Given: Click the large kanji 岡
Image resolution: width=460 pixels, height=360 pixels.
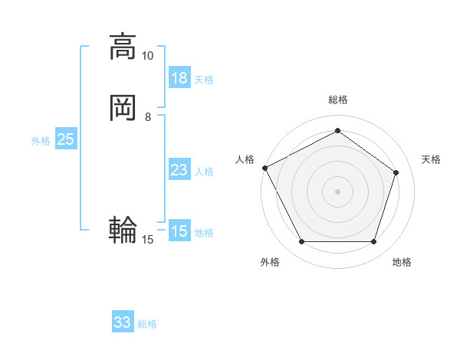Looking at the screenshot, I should tap(123, 108).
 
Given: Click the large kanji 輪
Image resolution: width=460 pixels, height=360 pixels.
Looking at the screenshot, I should tap(123, 230).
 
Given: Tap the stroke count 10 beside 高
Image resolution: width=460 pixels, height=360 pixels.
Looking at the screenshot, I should tap(147, 56).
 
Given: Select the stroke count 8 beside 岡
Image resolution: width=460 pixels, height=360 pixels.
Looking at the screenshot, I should tap(148, 117).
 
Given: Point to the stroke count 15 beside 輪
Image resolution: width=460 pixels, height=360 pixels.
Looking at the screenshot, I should tap(148, 240).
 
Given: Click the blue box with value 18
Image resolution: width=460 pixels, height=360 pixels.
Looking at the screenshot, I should tap(179, 78).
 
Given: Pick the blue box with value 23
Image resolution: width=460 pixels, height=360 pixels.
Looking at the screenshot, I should tap(179, 170).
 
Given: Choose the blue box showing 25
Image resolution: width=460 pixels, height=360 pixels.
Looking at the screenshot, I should tap(66, 139).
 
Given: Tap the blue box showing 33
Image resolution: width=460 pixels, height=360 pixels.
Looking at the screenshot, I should tap(123, 322).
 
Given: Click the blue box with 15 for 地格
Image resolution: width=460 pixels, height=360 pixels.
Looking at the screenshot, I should tap(179, 231).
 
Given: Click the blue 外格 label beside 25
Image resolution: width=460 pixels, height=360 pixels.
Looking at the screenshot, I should tap(41, 141).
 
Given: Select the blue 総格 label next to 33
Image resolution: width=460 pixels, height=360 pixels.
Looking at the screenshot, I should tap(147, 324).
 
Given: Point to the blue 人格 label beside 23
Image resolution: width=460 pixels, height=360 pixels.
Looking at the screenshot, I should tap(204, 172).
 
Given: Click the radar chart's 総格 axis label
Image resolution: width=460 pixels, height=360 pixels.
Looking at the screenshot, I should tap(337, 100).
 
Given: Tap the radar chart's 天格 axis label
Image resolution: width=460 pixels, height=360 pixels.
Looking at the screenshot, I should tap(432, 159).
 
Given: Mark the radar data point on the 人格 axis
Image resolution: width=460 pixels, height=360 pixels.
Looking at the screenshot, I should tap(264, 168).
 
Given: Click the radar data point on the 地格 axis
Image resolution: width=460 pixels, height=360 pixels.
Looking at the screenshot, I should tap(374, 242).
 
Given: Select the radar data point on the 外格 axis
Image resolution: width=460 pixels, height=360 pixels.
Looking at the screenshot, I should tap(301, 242).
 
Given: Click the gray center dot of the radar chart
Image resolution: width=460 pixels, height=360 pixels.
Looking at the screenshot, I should tap(337, 191).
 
